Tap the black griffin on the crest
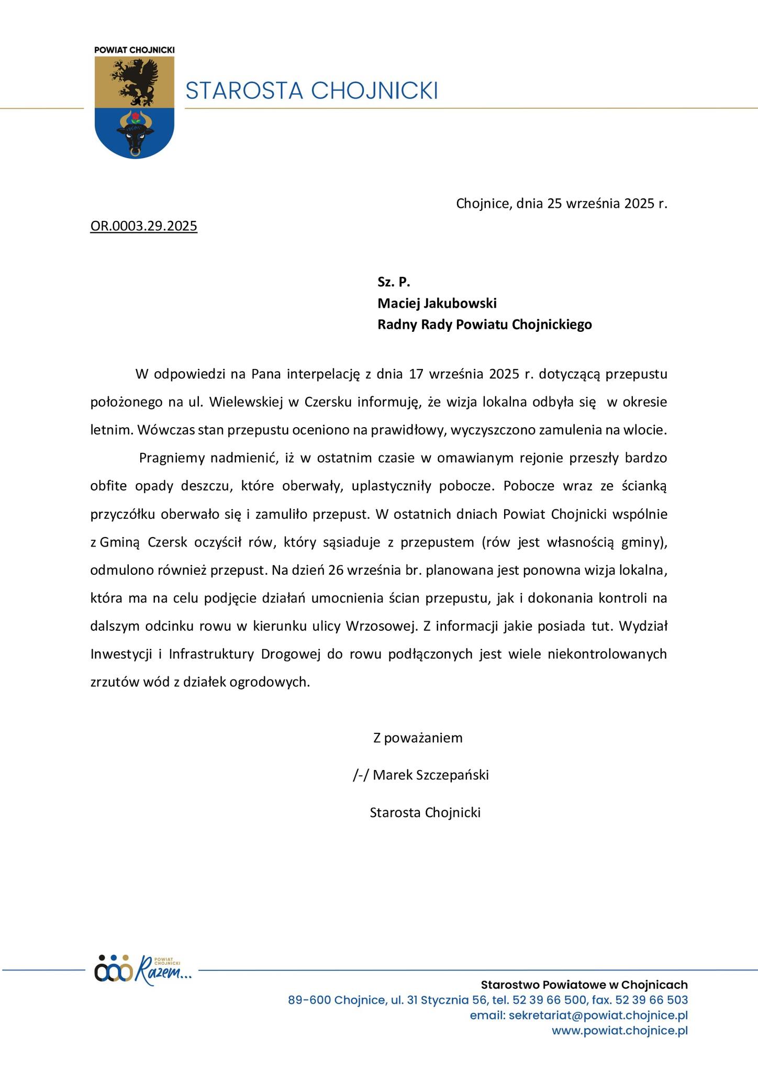click(135, 81)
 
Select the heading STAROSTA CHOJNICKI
click(311, 91)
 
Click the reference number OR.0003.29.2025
click(143, 226)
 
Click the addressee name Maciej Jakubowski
click(437, 303)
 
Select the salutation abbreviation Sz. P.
click(394, 282)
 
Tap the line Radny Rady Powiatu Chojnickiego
click(485, 325)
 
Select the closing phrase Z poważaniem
click(418, 738)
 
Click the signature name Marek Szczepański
click(431, 775)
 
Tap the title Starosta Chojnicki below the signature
click(425, 812)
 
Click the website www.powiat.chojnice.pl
click(620, 1031)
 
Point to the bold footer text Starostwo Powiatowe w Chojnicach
click(584, 985)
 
